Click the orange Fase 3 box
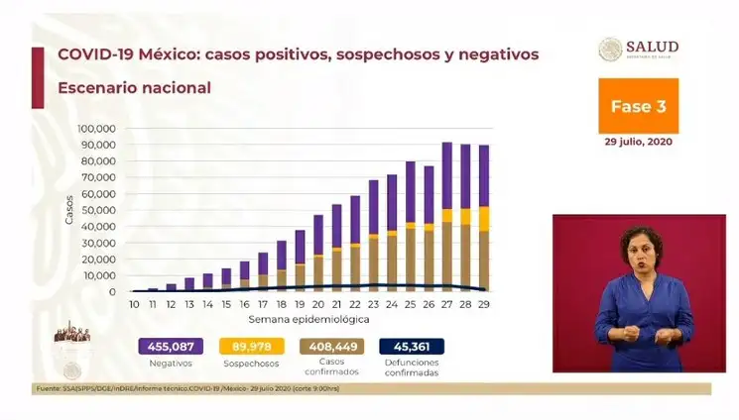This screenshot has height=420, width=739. coord(638,106)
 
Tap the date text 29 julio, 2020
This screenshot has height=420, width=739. coord(638,142)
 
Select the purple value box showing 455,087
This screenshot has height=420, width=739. coord(170,347)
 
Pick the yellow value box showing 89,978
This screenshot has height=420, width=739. coord(253,347)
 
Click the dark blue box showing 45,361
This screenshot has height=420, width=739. coord(411,347)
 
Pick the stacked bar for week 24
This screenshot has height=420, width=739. coord(392,233)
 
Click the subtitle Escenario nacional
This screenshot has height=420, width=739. coord(134,87)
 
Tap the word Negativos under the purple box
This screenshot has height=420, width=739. coord(170,364)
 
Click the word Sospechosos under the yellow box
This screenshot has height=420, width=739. coord(253,364)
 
